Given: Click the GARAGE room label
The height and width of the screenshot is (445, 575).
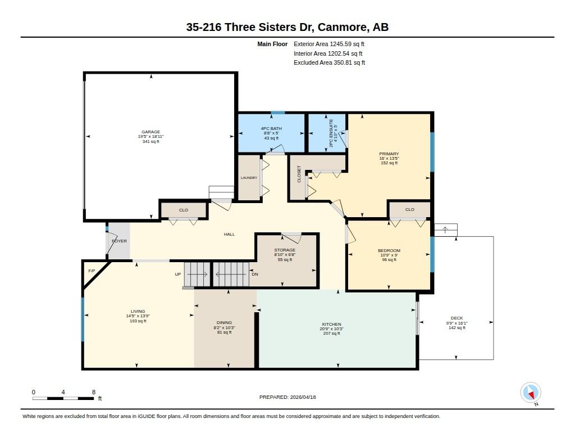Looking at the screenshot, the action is [x=150, y=132].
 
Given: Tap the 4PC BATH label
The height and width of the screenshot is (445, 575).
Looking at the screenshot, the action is [x=271, y=129].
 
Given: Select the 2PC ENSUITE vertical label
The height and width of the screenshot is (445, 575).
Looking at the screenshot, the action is [x=331, y=133].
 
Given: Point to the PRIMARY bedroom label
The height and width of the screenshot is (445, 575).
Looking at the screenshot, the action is [x=389, y=154].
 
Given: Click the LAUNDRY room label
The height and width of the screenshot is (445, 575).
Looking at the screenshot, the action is [x=249, y=178].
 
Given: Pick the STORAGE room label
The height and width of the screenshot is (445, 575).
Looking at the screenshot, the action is [x=285, y=250].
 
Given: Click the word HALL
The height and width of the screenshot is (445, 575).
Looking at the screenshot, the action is [x=229, y=234].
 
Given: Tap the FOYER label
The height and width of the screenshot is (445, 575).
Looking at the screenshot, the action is [x=119, y=241].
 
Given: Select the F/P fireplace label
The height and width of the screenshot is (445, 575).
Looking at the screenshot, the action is [x=92, y=271].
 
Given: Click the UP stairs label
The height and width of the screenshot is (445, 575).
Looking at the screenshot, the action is [x=178, y=274].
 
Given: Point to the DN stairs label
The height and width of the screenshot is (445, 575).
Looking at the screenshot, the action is [x=255, y=274].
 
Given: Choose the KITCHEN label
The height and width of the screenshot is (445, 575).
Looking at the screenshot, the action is [x=331, y=325].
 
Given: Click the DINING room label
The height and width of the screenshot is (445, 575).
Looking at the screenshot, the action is [x=224, y=322].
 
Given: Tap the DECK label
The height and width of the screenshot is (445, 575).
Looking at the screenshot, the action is [x=457, y=318].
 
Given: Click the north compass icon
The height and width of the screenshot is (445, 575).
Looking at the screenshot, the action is [x=531, y=393].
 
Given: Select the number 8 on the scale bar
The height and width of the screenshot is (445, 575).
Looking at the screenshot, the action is [x=94, y=392].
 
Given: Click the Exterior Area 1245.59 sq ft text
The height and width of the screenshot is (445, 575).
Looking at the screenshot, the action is [x=329, y=44].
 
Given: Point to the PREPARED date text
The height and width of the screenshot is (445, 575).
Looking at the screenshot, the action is [x=287, y=397].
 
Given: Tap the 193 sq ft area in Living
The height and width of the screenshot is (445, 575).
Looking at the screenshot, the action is [x=138, y=321].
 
